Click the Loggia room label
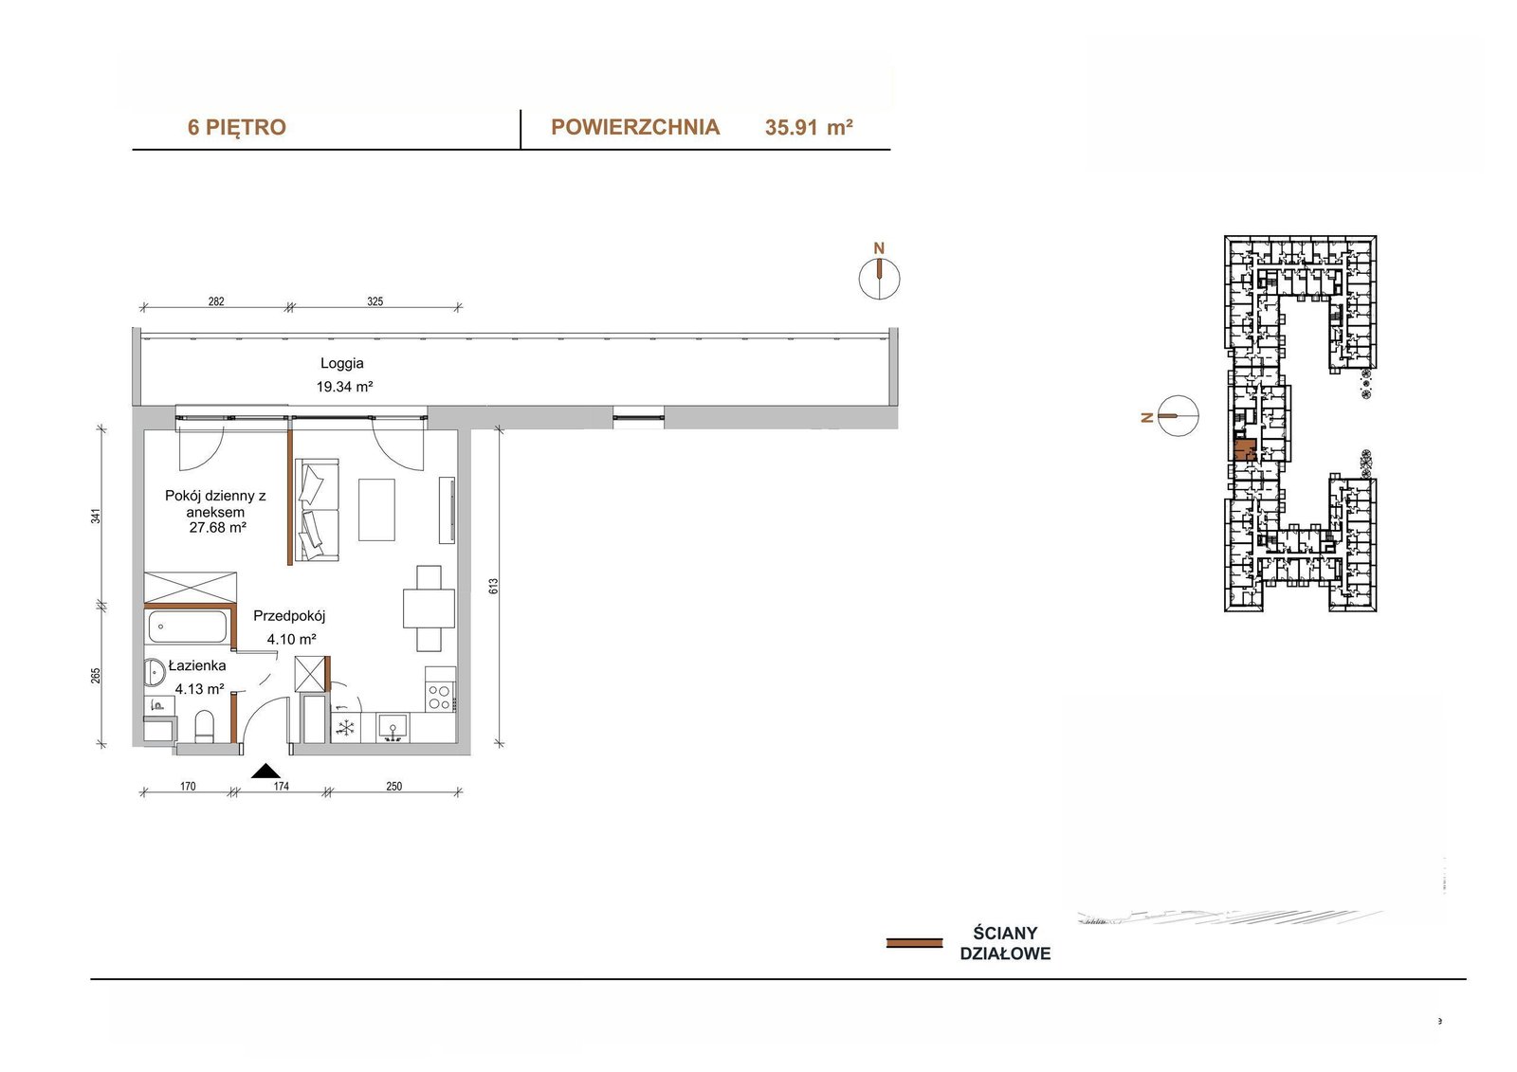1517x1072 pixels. pos(342,364)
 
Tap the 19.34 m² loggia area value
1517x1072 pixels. pos(345,388)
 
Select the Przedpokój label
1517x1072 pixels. pos(290,616)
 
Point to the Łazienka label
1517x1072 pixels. pos(197,665)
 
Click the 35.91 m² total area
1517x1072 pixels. pos(809,127)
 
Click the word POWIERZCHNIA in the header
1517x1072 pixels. pos(635,127)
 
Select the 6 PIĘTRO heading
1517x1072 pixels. pos(237,127)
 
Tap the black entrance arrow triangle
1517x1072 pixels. pos(266,771)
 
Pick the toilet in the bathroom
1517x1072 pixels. pos(204,726)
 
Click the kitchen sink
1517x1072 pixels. pos(393,728)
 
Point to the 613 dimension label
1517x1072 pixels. pos(494,587)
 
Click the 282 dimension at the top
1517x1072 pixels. pos(216,301)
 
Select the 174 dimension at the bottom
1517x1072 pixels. pos(281,786)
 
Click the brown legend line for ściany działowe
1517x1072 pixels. pos(914,943)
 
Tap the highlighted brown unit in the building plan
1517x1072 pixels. pos(1244,449)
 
